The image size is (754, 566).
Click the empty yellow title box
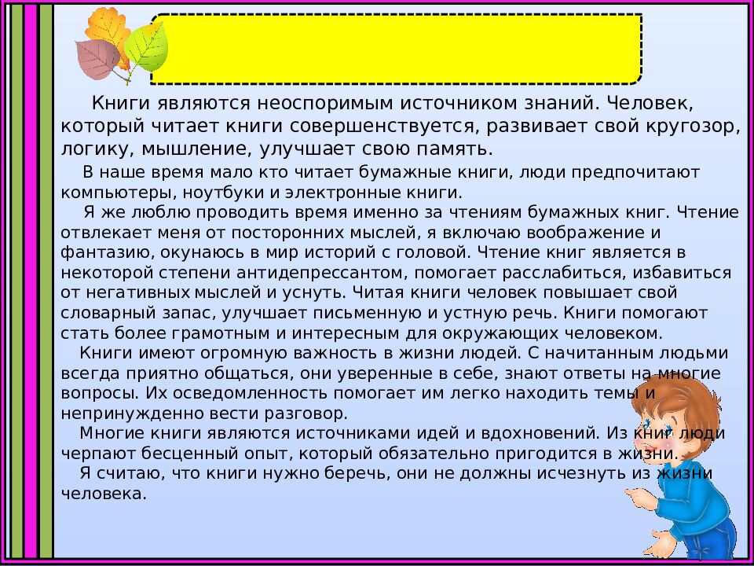[x=396, y=49]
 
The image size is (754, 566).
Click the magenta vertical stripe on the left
[x=31, y=283]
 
